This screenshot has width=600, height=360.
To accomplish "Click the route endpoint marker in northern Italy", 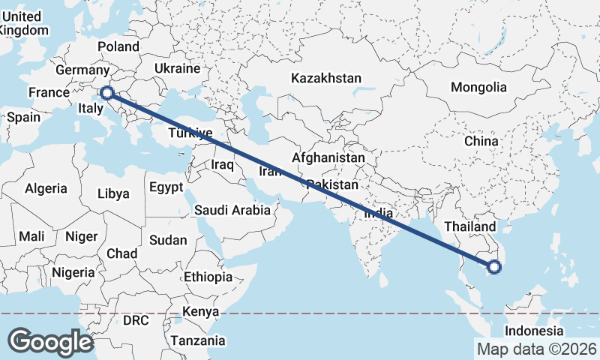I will (107, 93).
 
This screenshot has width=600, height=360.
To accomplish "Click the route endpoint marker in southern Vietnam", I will (494, 265).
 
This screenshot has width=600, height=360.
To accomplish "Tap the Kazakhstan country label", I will (326, 78).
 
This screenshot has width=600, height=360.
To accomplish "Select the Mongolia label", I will (478, 87).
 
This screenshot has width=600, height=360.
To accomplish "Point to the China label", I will (481, 140).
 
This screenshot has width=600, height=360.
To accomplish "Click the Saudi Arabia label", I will (232, 210).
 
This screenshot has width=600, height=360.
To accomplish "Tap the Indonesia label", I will (533, 331).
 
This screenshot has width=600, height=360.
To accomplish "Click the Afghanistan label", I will (328, 158).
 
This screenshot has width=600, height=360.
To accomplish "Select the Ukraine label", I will (177, 68).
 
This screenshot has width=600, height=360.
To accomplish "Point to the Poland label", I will (118, 46).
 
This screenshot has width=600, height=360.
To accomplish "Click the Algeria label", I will (46, 189).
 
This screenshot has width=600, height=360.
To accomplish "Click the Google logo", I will (50, 342).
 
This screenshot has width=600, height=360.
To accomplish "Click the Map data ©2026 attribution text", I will (536, 349).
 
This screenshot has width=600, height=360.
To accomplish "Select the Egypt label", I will (166, 187).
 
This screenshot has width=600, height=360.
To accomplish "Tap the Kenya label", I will (201, 311).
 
